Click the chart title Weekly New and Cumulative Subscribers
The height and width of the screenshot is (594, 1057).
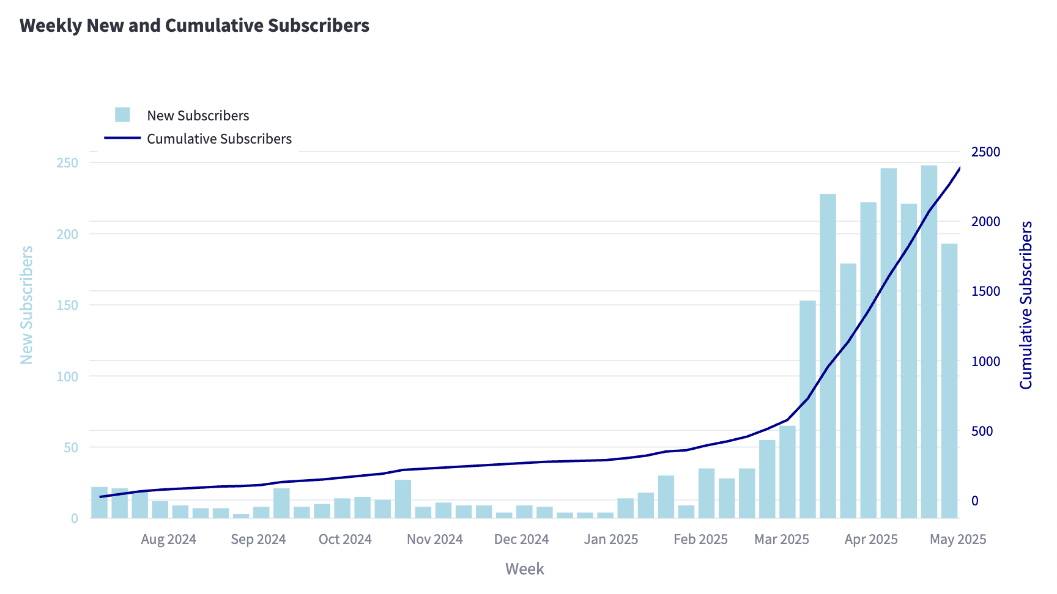point(195,26)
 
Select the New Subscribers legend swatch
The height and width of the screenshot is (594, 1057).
point(122,115)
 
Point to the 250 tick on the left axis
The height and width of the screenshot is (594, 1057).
point(67,163)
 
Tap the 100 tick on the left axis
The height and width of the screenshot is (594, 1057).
point(67,376)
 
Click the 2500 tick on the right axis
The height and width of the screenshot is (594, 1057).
point(985,152)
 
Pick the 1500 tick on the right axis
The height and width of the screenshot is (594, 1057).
point(985,291)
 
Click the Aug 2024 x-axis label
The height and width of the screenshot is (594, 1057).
point(168,539)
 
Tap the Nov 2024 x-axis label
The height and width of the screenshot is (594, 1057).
point(434,539)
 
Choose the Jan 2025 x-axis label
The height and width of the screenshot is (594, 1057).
point(610,539)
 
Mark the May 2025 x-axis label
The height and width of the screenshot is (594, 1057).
point(958,539)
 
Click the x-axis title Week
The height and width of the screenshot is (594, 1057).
point(524,569)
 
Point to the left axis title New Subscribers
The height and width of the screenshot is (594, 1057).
point(26,305)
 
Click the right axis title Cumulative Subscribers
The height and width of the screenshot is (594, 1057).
point(1026,305)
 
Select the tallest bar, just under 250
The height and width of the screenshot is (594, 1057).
point(929,342)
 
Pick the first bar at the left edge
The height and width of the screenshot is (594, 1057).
point(99,503)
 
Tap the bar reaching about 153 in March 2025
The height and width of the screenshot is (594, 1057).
point(807,409)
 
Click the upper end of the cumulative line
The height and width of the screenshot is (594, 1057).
point(959,168)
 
